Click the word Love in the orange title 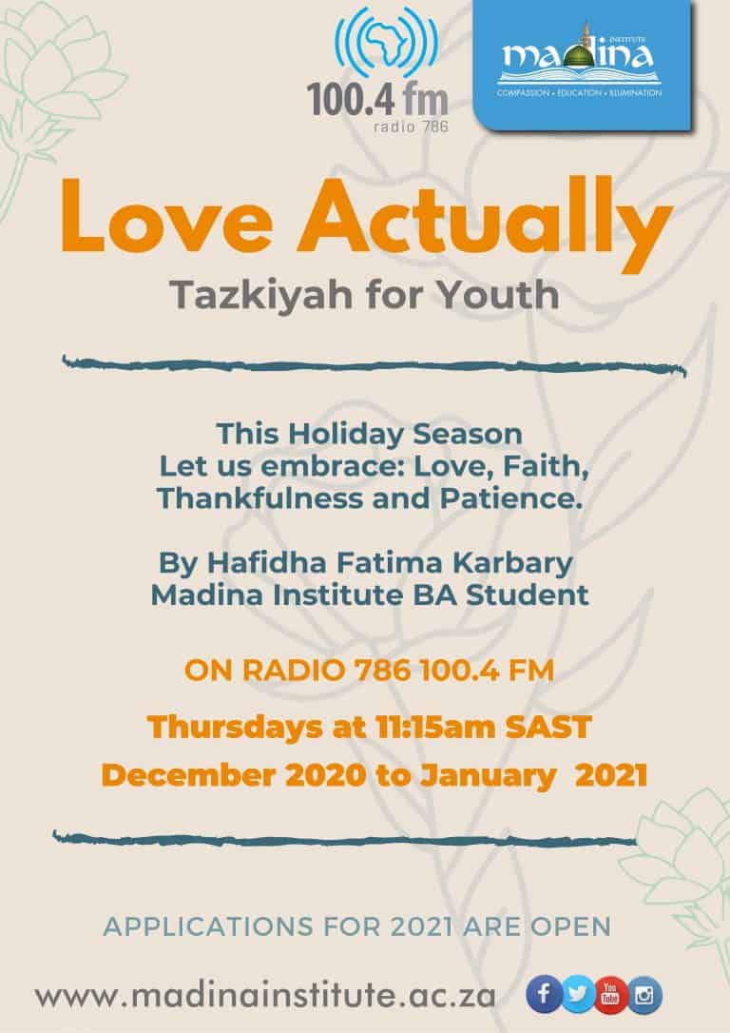point(167,218)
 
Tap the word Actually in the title point(486,221)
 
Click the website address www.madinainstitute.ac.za point(265,996)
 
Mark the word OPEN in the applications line point(570,926)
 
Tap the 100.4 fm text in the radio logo point(377,101)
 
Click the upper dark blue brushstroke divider point(375,365)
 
